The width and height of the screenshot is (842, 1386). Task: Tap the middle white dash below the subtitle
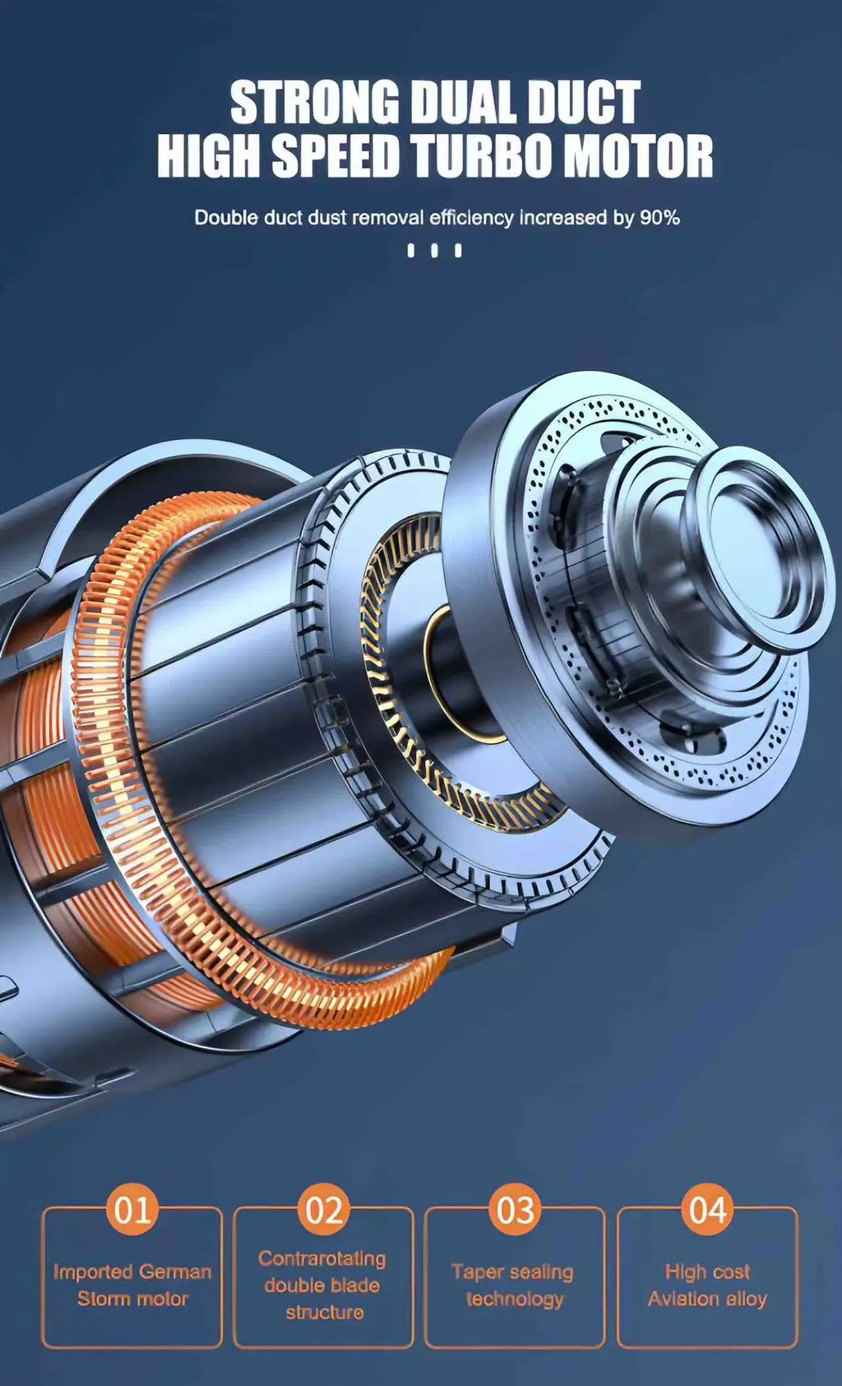(434, 251)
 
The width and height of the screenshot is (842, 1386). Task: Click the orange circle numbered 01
(132, 1209)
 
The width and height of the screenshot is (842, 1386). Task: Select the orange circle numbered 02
(324, 1209)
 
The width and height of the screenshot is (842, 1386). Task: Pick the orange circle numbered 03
(515, 1209)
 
